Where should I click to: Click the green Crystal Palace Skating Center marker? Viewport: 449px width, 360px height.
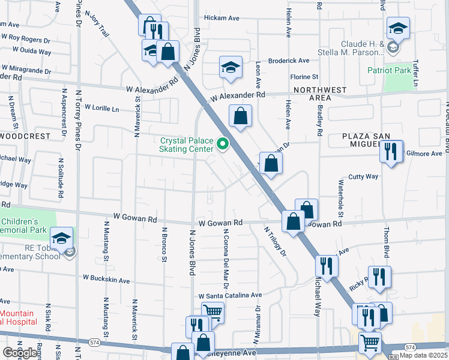click(224, 144)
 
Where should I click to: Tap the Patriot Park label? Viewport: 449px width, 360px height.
click(390, 70)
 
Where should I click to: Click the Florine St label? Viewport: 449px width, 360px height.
click(304, 77)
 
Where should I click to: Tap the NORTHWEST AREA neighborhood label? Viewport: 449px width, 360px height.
click(320, 94)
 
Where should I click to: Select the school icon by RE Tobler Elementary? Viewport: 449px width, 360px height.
click(61, 238)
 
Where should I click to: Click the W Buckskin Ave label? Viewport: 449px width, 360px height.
click(106, 280)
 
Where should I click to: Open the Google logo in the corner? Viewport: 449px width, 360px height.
click(20, 353)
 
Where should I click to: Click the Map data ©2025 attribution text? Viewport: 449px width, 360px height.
click(423, 355)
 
